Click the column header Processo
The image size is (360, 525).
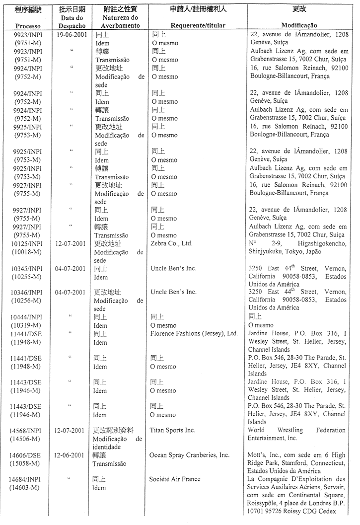[x=28, y=25]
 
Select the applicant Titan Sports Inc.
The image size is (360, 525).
[x=173, y=430]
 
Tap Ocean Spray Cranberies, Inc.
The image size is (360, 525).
[x=189, y=455]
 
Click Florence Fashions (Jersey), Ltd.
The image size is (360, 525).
[x=194, y=334]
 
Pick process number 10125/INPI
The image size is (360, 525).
[x=28, y=243]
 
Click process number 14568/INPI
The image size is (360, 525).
[x=28, y=430]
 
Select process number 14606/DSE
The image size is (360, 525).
[x=28, y=455]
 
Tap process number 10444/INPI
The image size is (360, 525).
[x=28, y=317]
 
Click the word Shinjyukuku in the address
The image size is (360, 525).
[x=267, y=252]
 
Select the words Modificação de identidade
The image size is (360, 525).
[x=118, y=443]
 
